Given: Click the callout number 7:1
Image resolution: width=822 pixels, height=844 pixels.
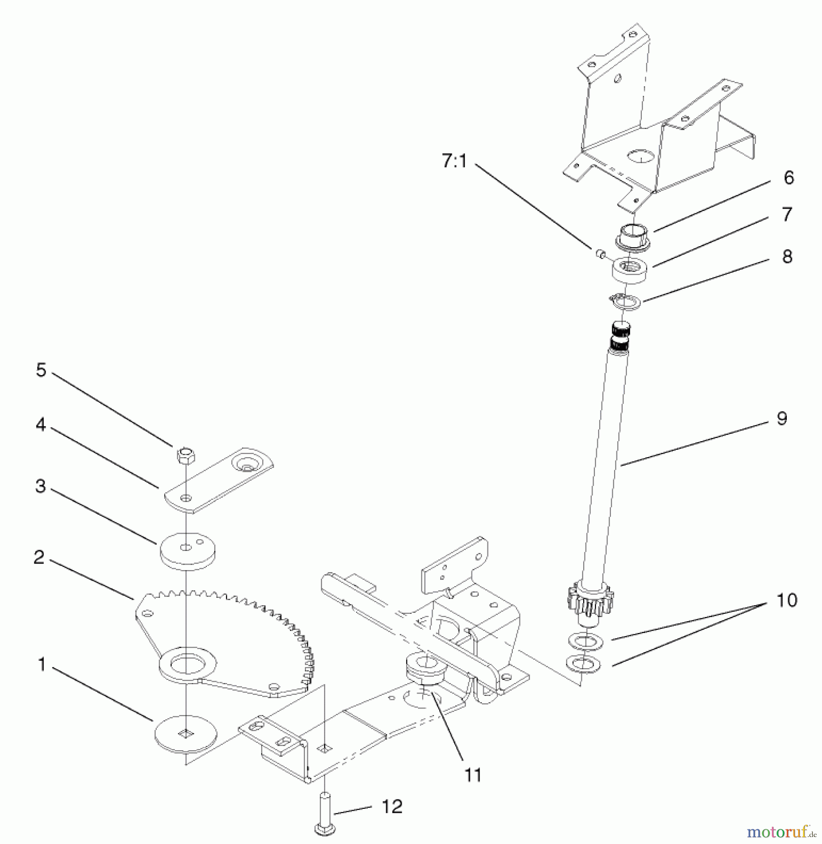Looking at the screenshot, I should pos(454,161).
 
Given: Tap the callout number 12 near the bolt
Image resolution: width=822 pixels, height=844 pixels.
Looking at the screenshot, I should pos(392,806).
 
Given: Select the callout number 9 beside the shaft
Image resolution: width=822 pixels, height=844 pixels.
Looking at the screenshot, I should pos(781,418).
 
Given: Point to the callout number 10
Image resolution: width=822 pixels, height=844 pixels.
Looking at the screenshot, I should pos(787,600).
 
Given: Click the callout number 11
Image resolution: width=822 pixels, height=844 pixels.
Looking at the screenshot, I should pos(473,776).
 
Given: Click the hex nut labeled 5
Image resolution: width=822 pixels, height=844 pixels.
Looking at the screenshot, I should pos(186,454).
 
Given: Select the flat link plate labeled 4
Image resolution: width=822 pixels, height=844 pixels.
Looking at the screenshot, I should pos(221,483).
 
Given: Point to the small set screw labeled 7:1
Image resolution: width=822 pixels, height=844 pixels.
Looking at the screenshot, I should pos(600,254).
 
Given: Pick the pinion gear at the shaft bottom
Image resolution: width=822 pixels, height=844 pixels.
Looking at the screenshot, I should pos(584,605).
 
